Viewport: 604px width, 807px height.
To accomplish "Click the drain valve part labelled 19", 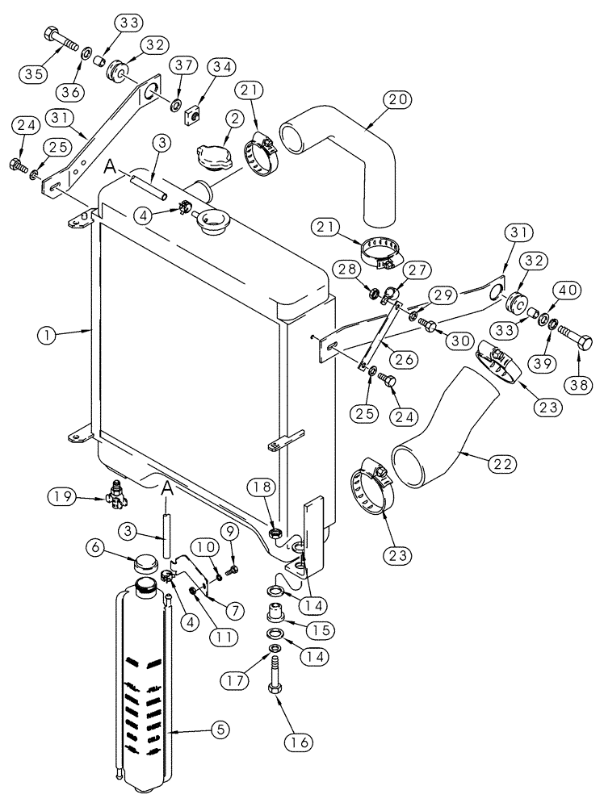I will [x=119, y=494].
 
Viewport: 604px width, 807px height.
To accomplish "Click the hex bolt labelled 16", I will [x=276, y=675].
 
